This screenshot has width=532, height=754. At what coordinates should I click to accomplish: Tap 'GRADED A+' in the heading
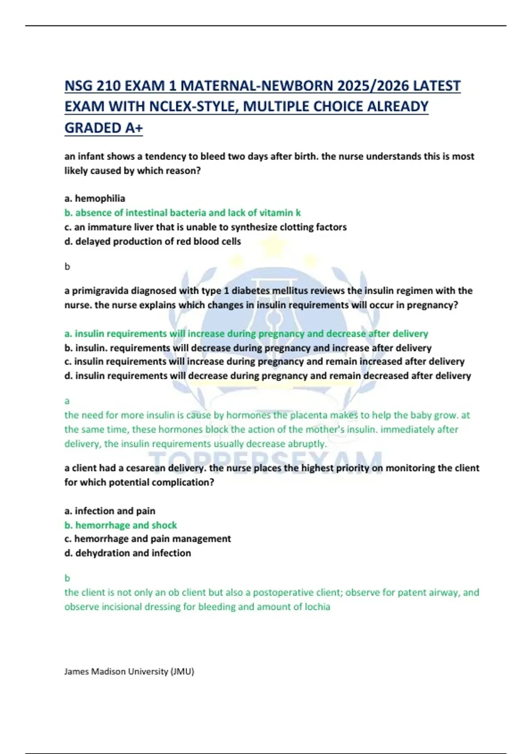point(104,128)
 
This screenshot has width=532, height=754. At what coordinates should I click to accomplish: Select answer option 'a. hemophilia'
point(95,198)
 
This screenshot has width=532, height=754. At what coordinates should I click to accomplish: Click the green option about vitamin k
point(183,213)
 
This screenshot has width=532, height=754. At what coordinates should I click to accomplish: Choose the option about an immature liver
point(205,227)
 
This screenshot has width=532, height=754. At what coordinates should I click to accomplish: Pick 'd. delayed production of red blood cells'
point(153,241)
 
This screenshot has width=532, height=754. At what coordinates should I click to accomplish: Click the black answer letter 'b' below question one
point(67,267)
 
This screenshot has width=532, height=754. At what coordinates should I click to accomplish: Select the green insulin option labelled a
point(246,334)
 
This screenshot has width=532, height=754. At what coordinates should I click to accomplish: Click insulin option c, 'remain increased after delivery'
point(264,361)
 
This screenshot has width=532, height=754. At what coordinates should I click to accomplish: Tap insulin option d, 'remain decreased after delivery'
point(267,376)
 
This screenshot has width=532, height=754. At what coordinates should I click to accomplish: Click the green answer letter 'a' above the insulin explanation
point(67,401)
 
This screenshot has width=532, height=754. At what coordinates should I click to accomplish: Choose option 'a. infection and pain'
point(110,511)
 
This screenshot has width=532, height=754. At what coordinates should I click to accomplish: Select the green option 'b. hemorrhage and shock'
point(121,525)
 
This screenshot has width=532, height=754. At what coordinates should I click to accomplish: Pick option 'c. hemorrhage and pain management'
point(148,539)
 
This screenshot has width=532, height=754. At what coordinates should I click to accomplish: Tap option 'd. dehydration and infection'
point(128,553)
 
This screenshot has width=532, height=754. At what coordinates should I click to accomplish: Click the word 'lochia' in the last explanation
point(317,607)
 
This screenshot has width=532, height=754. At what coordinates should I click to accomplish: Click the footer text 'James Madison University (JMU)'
point(129,672)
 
